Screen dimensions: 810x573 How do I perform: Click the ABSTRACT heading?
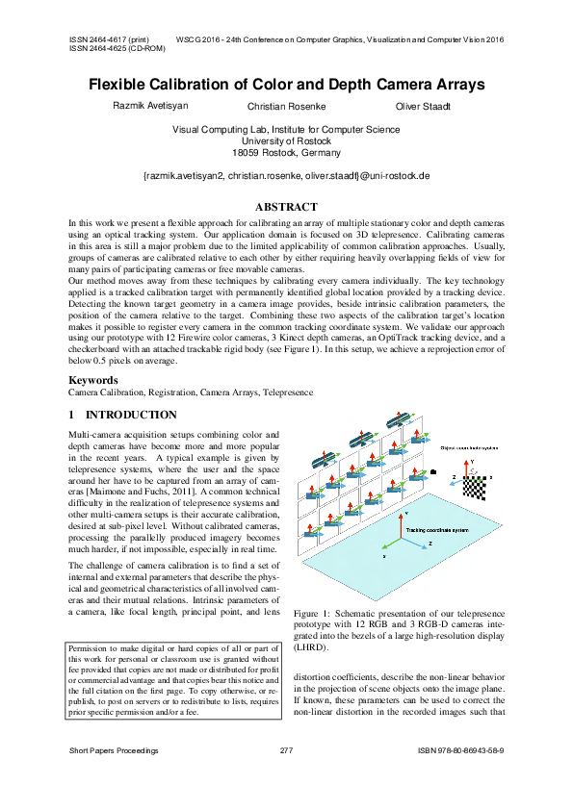click(x=286, y=207)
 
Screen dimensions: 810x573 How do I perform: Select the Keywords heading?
click(x=93, y=380)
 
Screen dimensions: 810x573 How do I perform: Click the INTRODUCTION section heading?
click(x=122, y=415)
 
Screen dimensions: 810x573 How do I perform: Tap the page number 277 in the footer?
click(x=286, y=749)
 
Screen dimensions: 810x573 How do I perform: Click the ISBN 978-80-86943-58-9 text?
click(x=461, y=749)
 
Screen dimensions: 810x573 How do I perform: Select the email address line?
click(x=286, y=176)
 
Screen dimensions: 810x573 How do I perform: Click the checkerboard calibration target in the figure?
click(x=475, y=486)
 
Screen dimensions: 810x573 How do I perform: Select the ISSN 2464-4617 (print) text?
click(x=108, y=40)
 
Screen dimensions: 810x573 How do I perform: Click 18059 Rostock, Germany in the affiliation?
click(x=286, y=153)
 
